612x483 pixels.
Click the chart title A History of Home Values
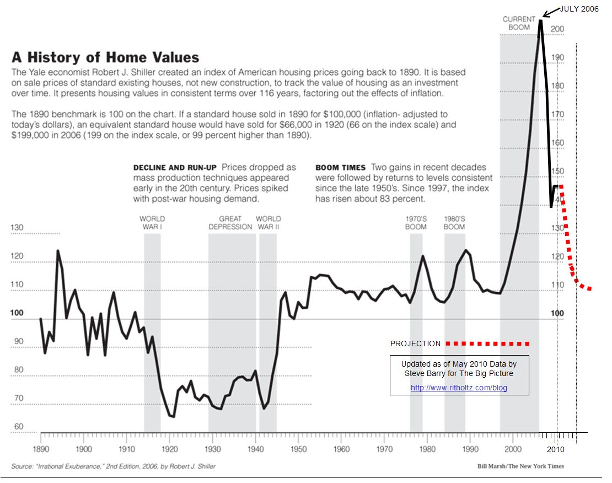pyautogui.click(x=105, y=57)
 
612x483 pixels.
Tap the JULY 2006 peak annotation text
pyautogui.click(x=579, y=9)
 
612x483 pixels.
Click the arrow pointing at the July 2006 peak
pyautogui.click(x=551, y=13)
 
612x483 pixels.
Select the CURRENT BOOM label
pyautogui.click(x=519, y=23)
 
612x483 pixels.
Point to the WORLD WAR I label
pyautogui.click(x=152, y=223)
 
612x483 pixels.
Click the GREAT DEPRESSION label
pyautogui.click(x=230, y=223)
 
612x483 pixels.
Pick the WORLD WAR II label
pyautogui.click(x=268, y=223)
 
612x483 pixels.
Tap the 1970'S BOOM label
pyautogui.click(x=416, y=223)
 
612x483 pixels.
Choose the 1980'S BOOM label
pyautogui.click(x=454, y=223)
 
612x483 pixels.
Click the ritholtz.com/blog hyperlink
pyautogui.click(x=459, y=388)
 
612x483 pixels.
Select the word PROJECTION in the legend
pyautogui.click(x=415, y=344)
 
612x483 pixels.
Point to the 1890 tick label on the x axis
pyautogui.click(x=41, y=449)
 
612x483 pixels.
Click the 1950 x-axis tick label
pyautogui.click(x=299, y=449)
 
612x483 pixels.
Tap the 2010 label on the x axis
pyautogui.click(x=555, y=449)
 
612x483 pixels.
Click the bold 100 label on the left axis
pyautogui.click(x=17, y=313)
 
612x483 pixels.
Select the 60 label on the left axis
pyautogui.click(x=19, y=426)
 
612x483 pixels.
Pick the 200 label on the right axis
pyautogui.click(x=557, y=29)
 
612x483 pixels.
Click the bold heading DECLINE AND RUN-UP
pyautogui.click(x=175, y=168)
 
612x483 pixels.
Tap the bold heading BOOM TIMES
pyautogui.click(x=340, y=168)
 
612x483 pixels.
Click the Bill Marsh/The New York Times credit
pyautogui.click(x=520, y=466)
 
